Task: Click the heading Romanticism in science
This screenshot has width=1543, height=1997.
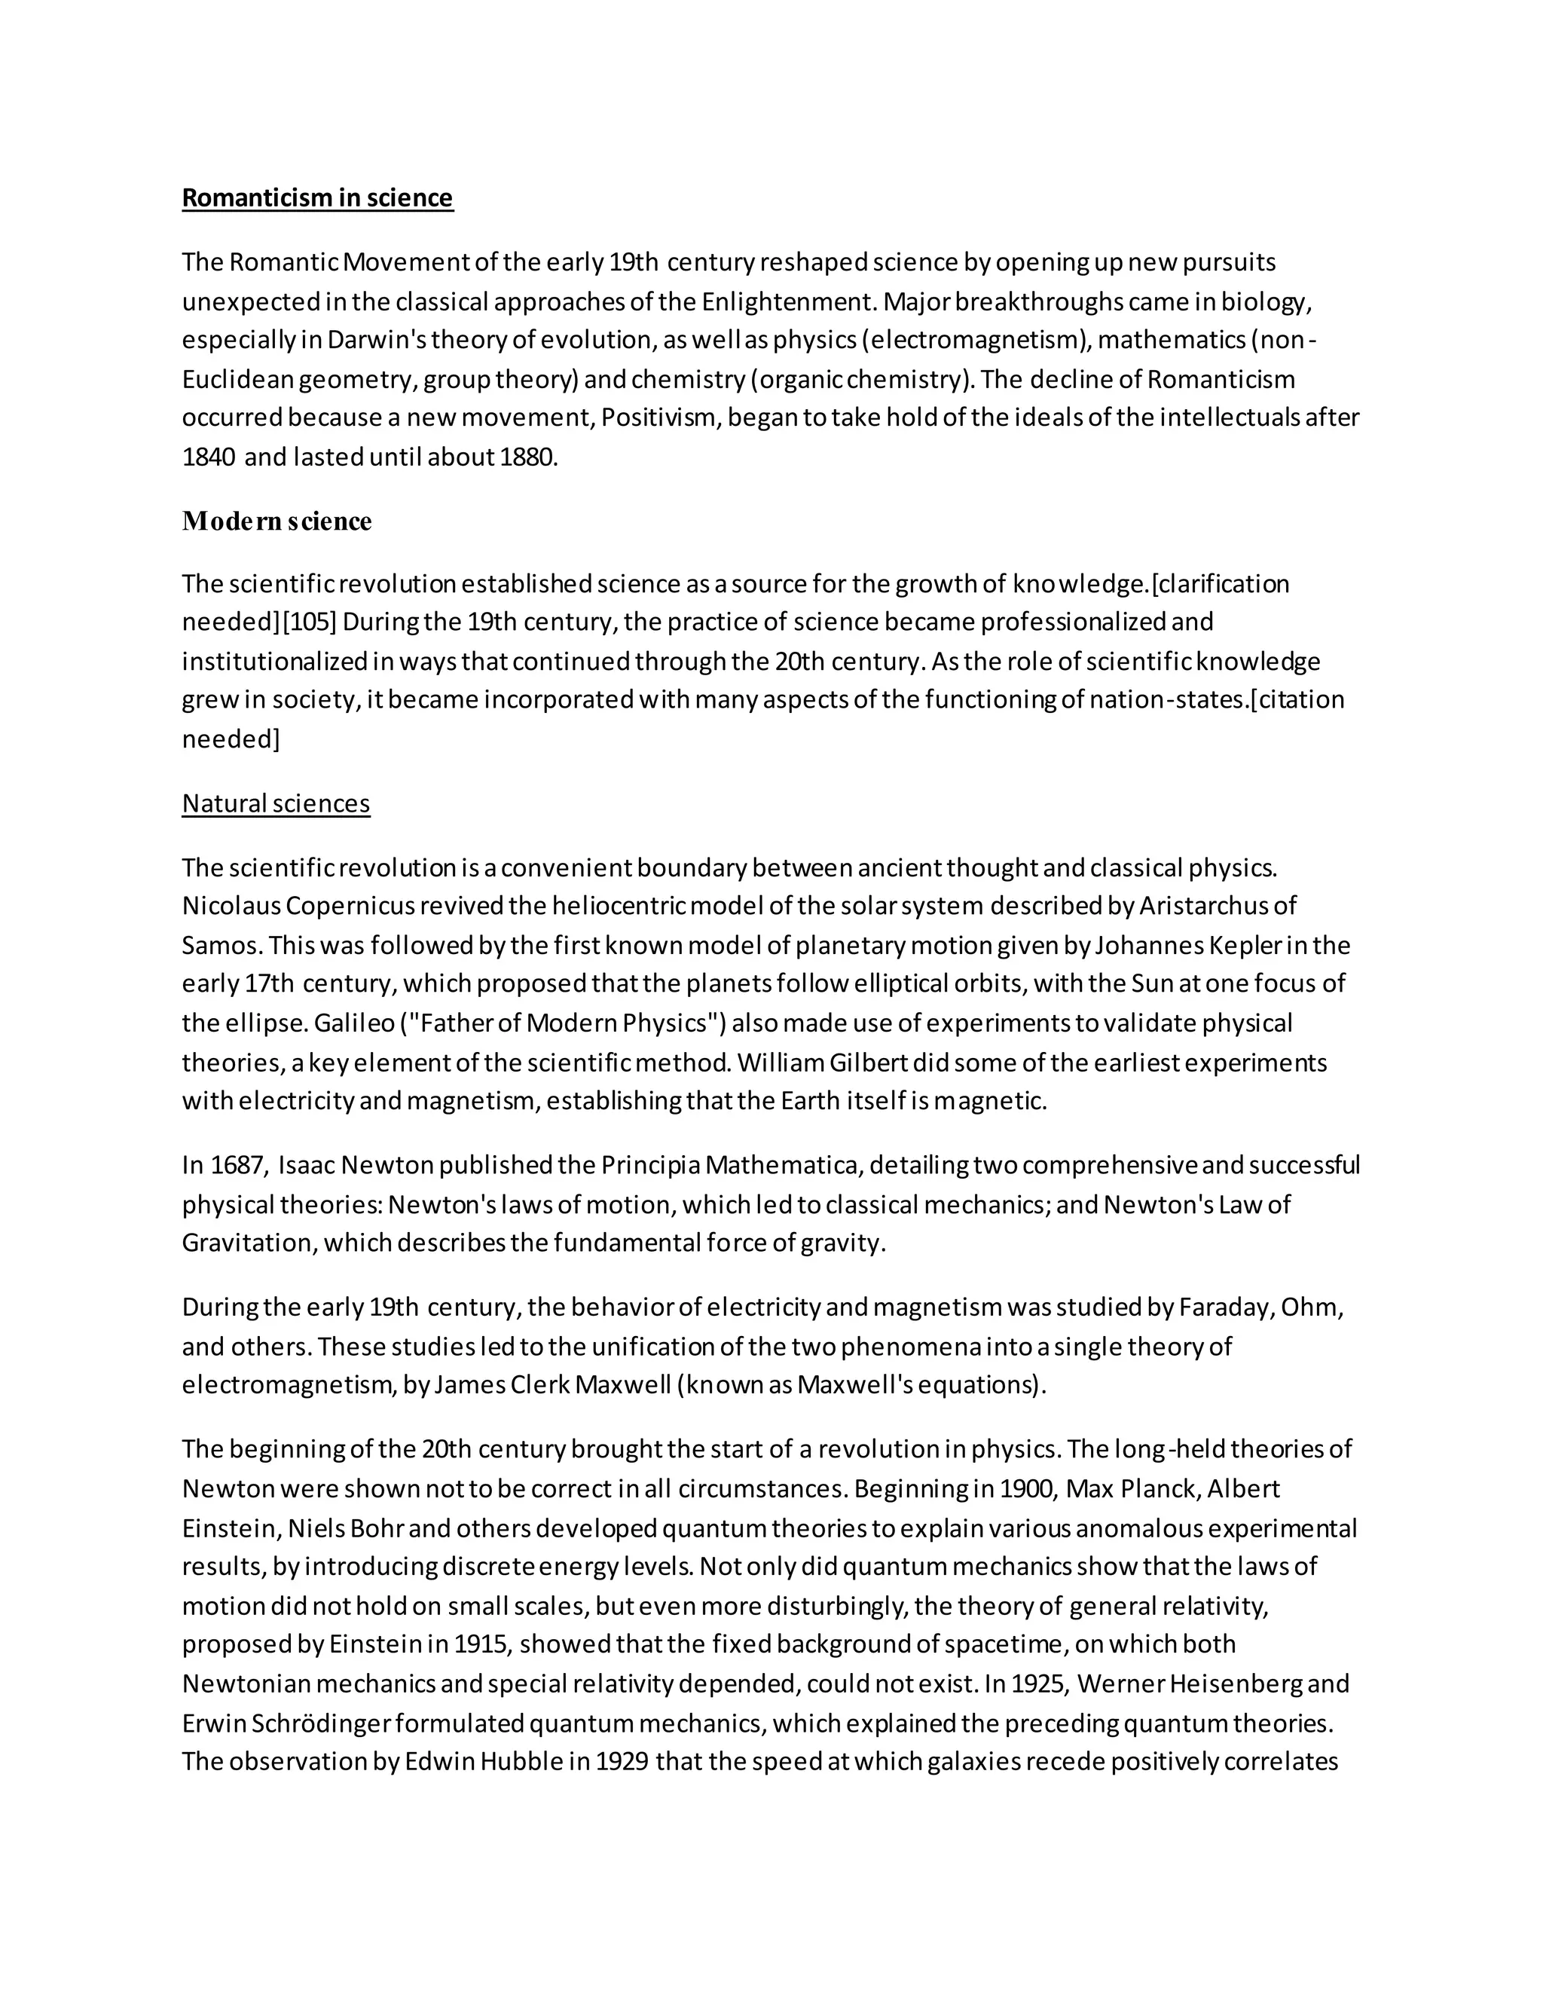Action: tap(317, 198)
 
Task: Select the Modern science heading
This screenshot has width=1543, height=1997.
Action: tap(277, 521)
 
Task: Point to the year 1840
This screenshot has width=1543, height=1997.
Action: tap(209, 457)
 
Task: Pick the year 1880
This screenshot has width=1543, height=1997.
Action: tap(528, 457)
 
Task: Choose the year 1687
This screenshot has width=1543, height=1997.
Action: tap(237, 1166)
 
